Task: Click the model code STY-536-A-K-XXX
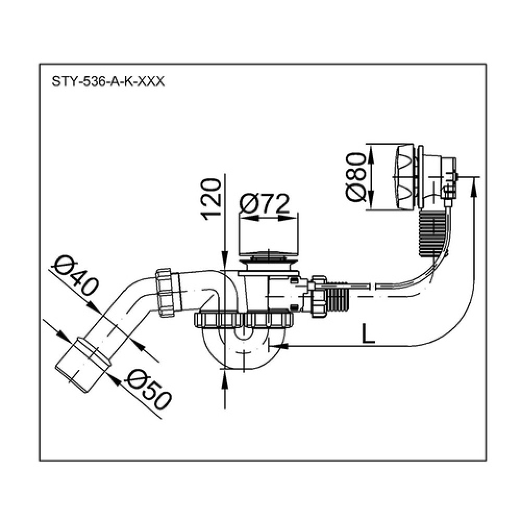pyautogui.click(x=108, y=81)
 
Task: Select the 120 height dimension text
pyautogui.click(x=210, y=199)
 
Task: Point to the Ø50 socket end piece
pyautogui.click(x=82, y=364)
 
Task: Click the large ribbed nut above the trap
pyautogui.click(x=244, y=320)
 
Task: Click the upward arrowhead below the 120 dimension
pyautogui.click(x=225, y=378)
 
